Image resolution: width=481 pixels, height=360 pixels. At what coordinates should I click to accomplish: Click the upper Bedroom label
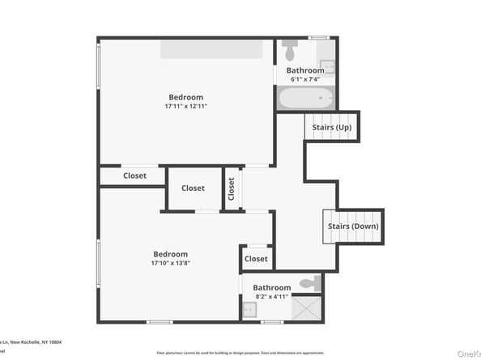click(x=185, y=97)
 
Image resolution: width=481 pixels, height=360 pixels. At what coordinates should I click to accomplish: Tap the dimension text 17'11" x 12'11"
click(x=185, y=106)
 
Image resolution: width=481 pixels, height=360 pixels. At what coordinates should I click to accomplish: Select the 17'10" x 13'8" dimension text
click(x=170, y=263)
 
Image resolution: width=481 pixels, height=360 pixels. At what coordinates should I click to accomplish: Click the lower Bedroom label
click(x=170, y=254)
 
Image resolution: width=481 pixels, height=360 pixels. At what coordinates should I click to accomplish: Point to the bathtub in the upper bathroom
click(x=304, y=99)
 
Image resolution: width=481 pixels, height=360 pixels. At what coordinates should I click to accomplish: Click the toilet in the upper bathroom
click(x=290, y=52)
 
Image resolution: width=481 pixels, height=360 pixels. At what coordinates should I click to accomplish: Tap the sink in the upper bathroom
click(x=326, y=66)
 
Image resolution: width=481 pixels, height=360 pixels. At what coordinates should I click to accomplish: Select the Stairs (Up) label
click(x=331, y=128)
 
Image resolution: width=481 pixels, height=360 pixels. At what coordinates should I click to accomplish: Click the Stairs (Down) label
click(x=352, y=227)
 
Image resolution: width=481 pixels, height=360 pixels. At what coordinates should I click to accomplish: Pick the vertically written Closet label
click(x=232, y=188)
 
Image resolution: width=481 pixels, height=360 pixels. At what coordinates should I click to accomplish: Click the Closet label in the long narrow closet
click(x=134, y=176)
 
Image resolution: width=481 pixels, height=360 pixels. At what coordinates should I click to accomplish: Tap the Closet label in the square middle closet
click(x=193, y=188)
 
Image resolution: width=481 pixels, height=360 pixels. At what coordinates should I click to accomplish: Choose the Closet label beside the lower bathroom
click(x=256, y=259)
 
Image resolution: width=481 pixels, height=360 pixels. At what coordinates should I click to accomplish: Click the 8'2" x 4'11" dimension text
click(x=271, y=296)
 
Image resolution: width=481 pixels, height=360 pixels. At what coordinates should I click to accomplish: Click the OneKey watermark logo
click(x=469, y=354)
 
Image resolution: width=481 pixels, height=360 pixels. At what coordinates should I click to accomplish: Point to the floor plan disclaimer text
click(x=240, y=353)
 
